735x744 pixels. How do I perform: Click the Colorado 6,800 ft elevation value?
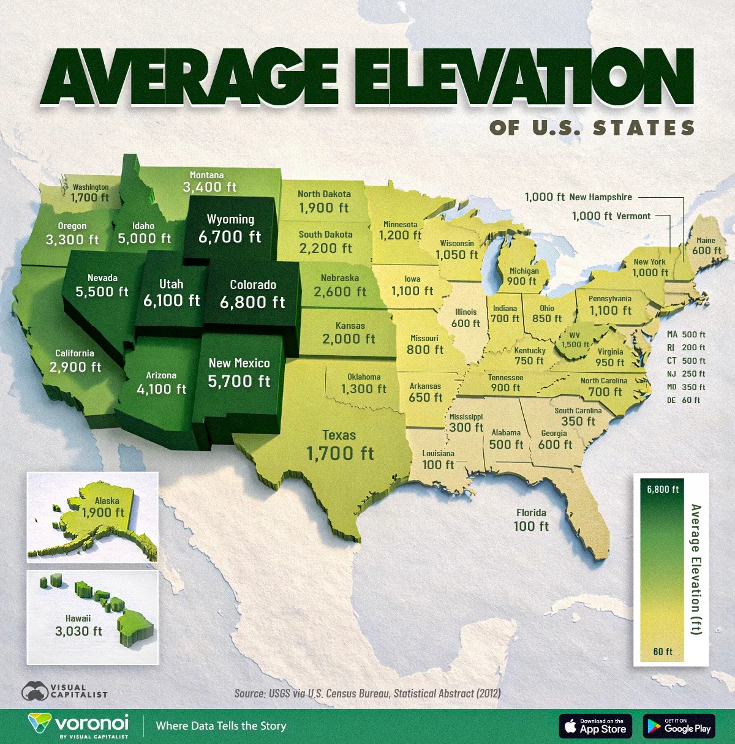pyautogui.click(x=252, y=302)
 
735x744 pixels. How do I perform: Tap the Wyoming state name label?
pyautogui.click(x=230, y=219)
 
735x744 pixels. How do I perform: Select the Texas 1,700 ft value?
pyautogui.click(x=339, y=453)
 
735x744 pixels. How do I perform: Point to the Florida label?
pyautogui.click(x=531, y=513)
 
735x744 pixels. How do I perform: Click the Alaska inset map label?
pyautogui.click(x=107, y=501)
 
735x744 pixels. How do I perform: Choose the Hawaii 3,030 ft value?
pyautogui.click(x=78, y=631)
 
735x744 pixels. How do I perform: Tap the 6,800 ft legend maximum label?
pyautogui.click(x=663, y=489)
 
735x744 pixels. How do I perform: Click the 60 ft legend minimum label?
pyautogui.click(x=663, y=652)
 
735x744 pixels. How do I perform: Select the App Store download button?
pyautogui.click(x=595, y=726)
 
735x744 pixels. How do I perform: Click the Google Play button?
pyautogui.click(x=679, y=726)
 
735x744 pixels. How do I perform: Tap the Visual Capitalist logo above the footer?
pyautogui.click(x=64, y=691)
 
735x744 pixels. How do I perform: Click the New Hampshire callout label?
pyautogui.click(x=600, y=197)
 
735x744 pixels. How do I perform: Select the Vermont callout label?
pyautogui.click(x=633, y=216)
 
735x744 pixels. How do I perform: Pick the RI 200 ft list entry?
pyautogui.click(x=686, y=347)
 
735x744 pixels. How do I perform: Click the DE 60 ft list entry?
pyautogui.click(x=684, y=400)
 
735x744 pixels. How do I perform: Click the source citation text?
pyautogui.click(x=367, y=693)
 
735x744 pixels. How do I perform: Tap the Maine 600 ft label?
pyautogui.click(x=706, y=246)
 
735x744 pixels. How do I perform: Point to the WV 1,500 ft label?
pyautogui.click(x=575, y=340)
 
